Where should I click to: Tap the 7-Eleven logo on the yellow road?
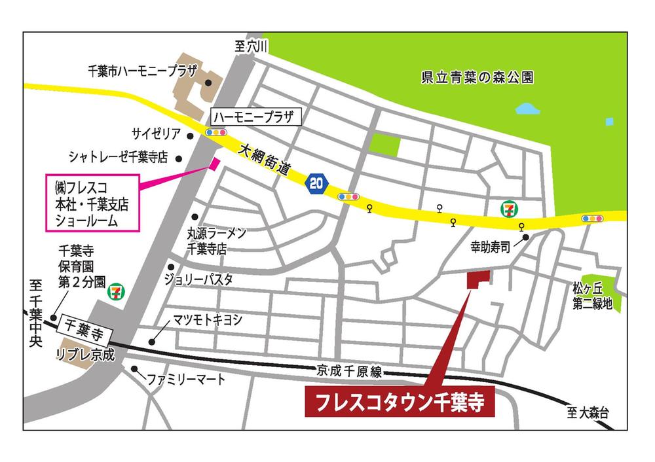click(508, 209)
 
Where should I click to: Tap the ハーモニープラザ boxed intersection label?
click(255, 118)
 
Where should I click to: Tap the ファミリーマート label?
click(186, 379)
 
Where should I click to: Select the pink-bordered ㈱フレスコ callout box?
click(92, 202)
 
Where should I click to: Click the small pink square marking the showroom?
click(213, 163)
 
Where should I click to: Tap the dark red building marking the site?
click(477, 280)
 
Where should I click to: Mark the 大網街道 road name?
click(263, 159)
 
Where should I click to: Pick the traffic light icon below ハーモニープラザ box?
click(216, 133)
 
